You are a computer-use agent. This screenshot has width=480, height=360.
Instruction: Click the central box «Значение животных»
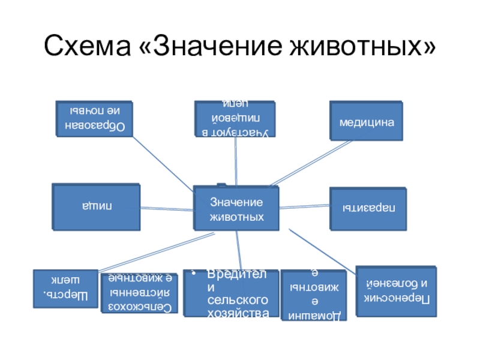click(236, 208)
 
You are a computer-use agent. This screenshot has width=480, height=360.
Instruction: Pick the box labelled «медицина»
click(366, 122)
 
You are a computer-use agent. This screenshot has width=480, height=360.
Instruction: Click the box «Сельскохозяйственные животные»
click(139, 293)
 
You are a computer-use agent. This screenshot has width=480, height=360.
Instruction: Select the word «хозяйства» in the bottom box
click(237, 311)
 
